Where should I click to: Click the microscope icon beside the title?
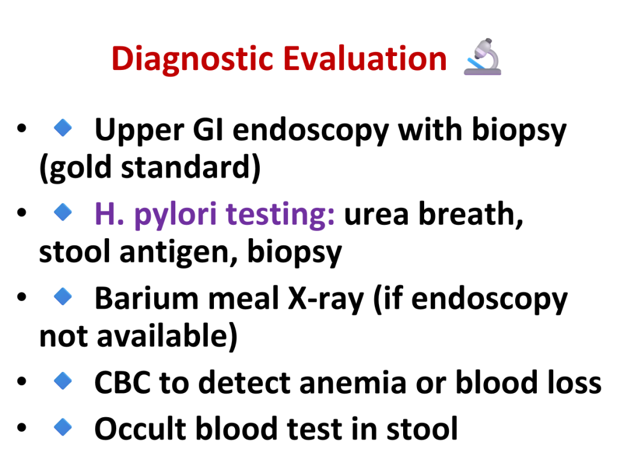(x=483, y=57)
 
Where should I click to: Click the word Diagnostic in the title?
(x=192, y=59)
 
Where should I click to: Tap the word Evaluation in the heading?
(x=365, y=58)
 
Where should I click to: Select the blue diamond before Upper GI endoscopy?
(x=63, y=128)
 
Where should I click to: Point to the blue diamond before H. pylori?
(x=63, y=212)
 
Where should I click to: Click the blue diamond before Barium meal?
(x=63, y=297)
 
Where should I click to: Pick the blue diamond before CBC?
(x=63, y=381)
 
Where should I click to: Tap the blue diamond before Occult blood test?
(x=63, y=427)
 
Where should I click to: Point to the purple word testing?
(x=281, y=215)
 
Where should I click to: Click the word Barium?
(x=147, y=298)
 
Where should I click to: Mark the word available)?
(x=168, y=336)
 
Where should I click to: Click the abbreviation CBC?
(x=122, y=382)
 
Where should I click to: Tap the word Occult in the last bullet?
(x=140, y=429)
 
